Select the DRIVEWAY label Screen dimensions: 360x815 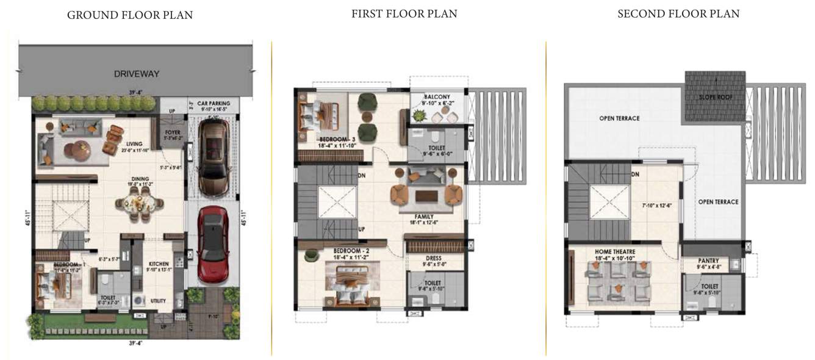pyautogui.click(x=137, y=74)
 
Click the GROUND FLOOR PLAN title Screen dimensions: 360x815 pyautogui.click(x=129, y=15)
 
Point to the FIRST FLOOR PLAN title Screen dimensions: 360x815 pyautogui.click(x=404, y=13)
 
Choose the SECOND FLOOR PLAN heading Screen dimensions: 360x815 pyautogui.click(x=678, y=13)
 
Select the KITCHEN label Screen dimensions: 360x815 pyautogui.click(x=159, y=264)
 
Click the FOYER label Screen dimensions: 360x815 pyautogui.click(x=173, y=132)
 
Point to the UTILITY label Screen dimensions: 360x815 pyautogui.click(x=159, y=301)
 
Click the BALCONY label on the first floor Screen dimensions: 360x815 pyautogui.click(x=438, y=96)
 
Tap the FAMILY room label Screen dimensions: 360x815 pyautogui.click(x=424, y=217)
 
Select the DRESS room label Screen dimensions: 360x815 pyautogui.click(x=434, y=258)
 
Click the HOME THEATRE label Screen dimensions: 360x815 pyautogui.click(x=615, y=251)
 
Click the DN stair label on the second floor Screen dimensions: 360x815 pyautogui.click(x=635, y=175)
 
